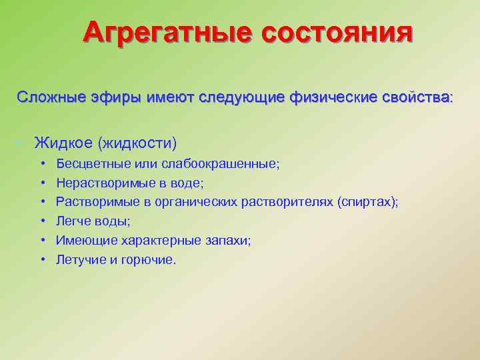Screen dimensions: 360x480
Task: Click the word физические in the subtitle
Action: tap(329, 97)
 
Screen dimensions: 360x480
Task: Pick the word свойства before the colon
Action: tap(416, 97)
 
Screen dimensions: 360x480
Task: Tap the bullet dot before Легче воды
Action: tap(43, 221)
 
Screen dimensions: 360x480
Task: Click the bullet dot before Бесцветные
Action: tap(43, 163)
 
